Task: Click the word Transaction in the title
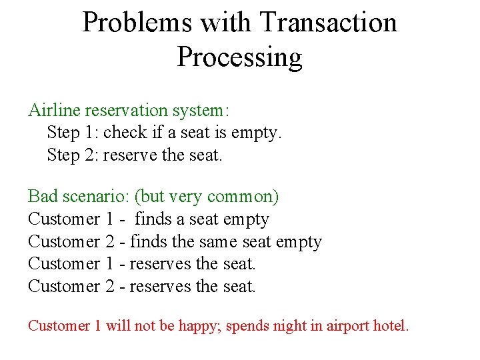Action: [x=329, y=22]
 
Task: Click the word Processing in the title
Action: [x=239, y=57]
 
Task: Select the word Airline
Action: [x=53, y=110]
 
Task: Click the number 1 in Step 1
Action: [x=91, y=133]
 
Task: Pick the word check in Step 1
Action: [x=125, y=133]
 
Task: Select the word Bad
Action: [x=43, y=197]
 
